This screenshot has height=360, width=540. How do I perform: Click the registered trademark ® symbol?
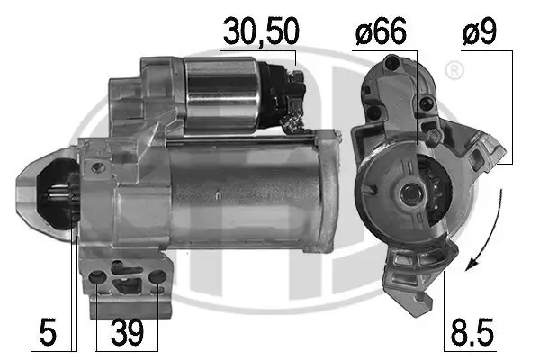(x=455, y=68)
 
